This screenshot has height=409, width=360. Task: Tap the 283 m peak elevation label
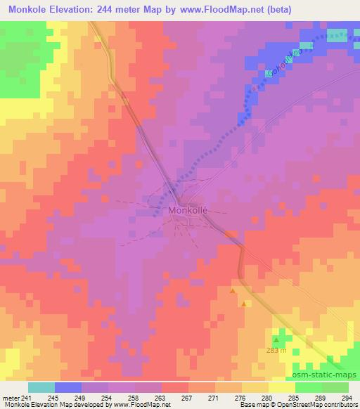pyautogui.click(x=276, y=350)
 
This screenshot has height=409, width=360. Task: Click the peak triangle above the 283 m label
pyautogui.click(x=276, y=341)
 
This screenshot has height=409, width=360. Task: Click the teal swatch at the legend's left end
pyautogui.click(x=41, y=387)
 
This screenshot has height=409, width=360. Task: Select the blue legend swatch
pyautogui.click(x=68, y=387)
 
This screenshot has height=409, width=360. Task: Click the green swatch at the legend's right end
pyautogui.click(x=335, y=387)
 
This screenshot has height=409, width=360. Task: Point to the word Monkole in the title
pyautogui.click(x=27, y=9)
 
